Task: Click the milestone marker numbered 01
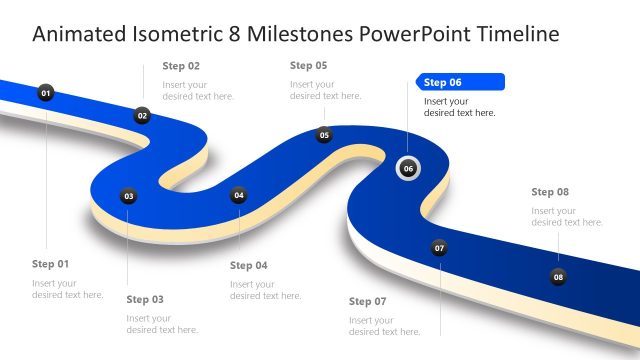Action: pyautogui.click(x=45, y=93)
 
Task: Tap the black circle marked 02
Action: pyautogui.click(x=142, y=116)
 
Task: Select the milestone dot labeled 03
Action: pyautogui.click(x=128, y=196)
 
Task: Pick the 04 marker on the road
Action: pyautogui.click(x=238, y=195)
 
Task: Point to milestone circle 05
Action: pyautogui.click(x=324, y=135)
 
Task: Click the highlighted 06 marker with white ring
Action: pyautogui.click(x=408, y=168)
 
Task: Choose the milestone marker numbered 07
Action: pyautogui.click(x=439, y=247)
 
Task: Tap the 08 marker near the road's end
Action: pyautogui.click(x=558, y=276)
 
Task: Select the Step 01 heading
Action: pyautogui.click(x=50, y=264)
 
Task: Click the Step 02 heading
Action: pyautogui.click(x=181, y=66)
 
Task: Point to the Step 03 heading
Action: pyautogui.click(x=145, y=299)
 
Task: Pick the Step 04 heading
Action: pyautogui.click(x=249, y=265)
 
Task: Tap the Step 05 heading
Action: pyautogui.click(x=308, y=65)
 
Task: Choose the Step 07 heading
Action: pyautogui.click(x=367, y=301)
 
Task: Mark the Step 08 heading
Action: pyautogui.click(x=550, y=191)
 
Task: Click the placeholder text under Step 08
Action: pyautogui.click(x=567, y=216)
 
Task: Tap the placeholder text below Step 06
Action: pyautogui.click(x=459, y=107)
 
